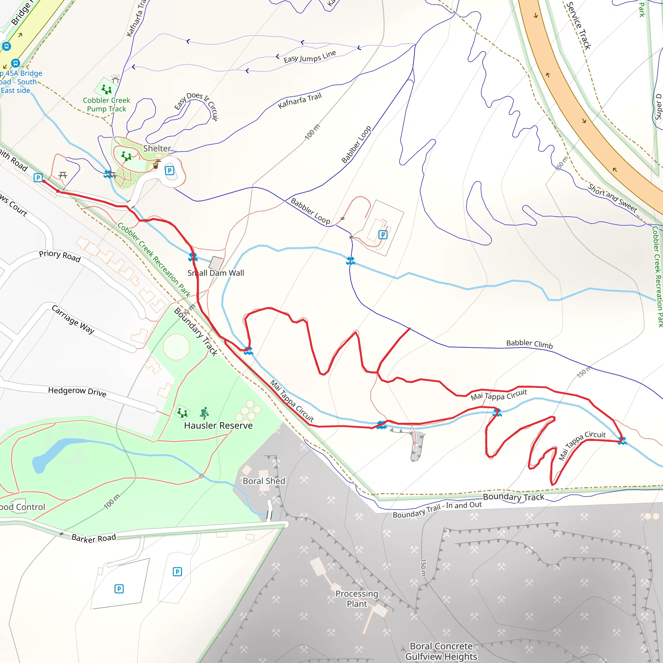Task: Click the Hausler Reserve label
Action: point(218,425)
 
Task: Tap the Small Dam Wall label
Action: point(216,273)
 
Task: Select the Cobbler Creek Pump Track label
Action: point(107,105)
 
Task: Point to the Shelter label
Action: point(157,149)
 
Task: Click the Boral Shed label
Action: point(264,481)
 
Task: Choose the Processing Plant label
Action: point(357,599)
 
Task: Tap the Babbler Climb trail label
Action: point(529,344)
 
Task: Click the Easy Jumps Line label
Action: point(309,57)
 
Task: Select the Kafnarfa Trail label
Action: point(299,101)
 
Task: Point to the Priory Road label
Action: point(60,256)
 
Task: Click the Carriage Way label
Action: point(73,319)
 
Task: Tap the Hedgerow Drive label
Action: point(77,392)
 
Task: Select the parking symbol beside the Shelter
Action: point(170,171)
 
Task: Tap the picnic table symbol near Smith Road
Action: point(62,175)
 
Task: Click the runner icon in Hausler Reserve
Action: point(205,413)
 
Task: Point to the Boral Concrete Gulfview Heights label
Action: point(441,651)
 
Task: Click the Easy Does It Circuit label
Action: point(197,106)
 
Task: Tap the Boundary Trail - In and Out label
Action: point(437,510)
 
